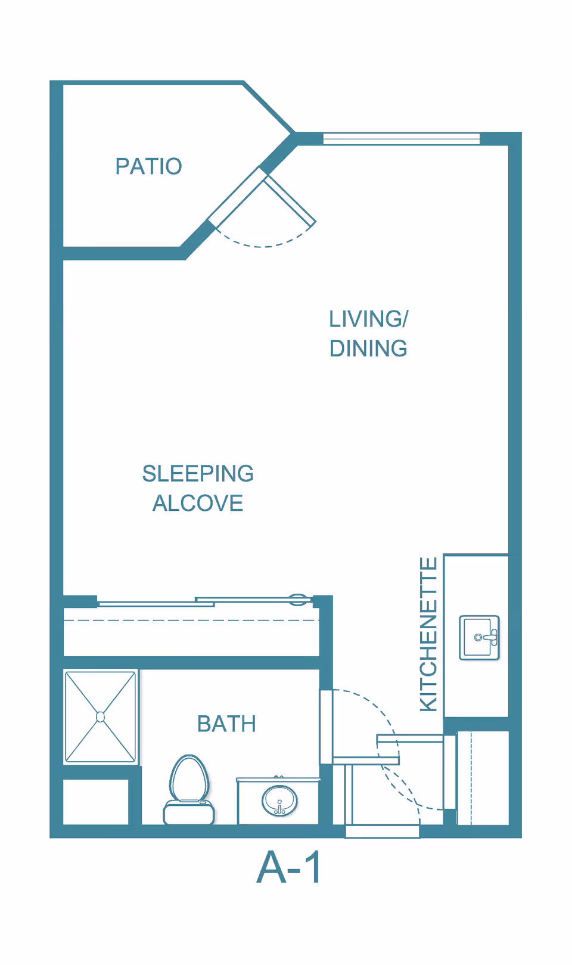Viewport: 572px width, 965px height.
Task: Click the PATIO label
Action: (148, 166)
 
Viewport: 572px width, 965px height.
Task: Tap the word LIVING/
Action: (368, 319)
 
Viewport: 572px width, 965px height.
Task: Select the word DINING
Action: (368, 349)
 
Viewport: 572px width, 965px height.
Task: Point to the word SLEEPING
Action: (198, 474)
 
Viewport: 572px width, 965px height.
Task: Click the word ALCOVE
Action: (198, 504)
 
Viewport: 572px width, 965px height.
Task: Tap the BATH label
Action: (226, 724)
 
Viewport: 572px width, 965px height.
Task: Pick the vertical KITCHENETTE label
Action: (429, 634)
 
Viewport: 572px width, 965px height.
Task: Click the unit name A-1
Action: (290, 867)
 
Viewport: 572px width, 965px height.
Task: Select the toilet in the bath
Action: (189, 787)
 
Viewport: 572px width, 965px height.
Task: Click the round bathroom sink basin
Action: (279, 800)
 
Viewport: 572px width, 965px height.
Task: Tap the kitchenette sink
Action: (479, 638)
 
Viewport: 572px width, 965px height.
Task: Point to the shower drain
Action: (100, 716)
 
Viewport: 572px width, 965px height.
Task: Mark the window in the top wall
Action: (401, 139)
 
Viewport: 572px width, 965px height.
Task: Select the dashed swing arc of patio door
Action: (262, 245)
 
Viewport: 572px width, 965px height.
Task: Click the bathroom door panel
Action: (326, 727)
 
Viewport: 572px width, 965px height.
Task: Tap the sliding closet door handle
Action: (298, 600)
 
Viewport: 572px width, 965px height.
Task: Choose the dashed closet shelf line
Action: (191, 620)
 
